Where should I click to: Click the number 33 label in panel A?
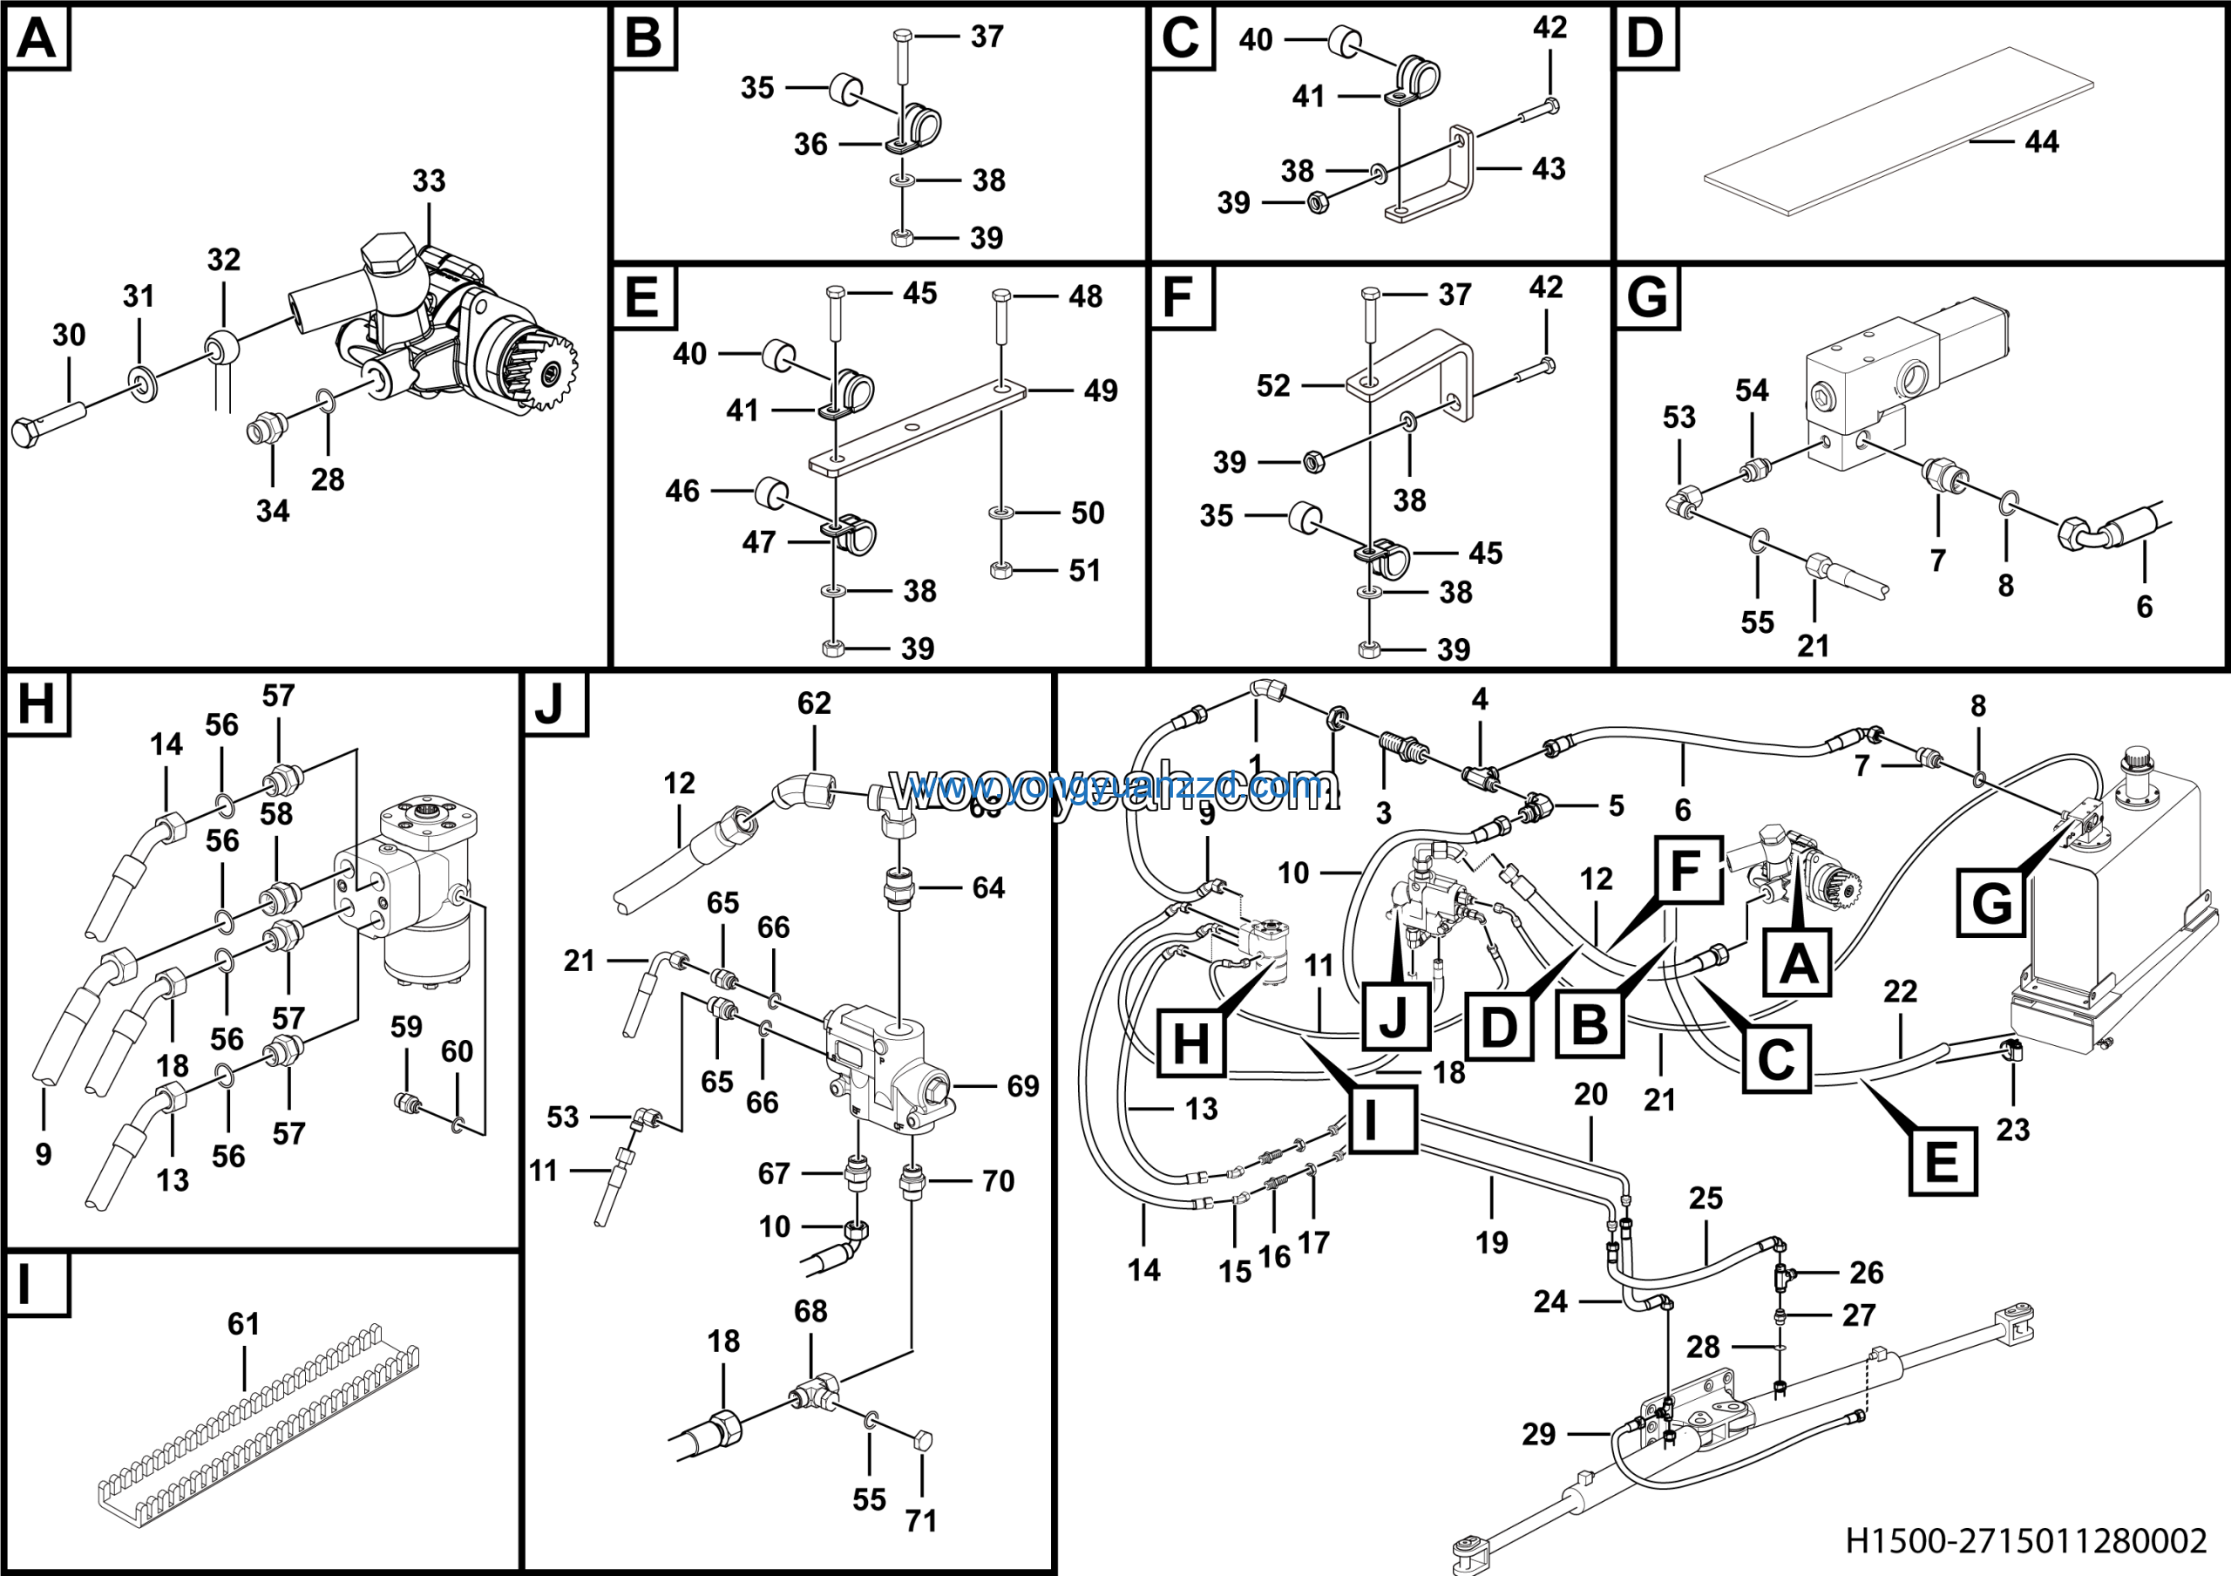click(x=429, y=180)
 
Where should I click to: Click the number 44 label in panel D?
click(x=2042, y=142)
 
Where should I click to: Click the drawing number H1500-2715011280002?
click(x=2026, y=1541)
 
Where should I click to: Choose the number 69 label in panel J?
click(x=1022, y=1086)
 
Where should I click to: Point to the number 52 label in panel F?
click(x=1273, y=386)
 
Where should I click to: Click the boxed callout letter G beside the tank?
click(x=1991, y=903)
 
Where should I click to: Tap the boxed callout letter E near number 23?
click(x=1942, y=1161)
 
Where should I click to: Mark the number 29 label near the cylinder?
click(x=1538, y=1434)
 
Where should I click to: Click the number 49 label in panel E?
click(x=1100, y=391)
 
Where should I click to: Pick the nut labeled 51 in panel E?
click(x=1000, y=570)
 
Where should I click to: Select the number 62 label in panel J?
click(x=814, y=703)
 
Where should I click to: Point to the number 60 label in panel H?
click(x=457, y=1051)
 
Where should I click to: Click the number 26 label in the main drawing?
click(x=1867, y=1272)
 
